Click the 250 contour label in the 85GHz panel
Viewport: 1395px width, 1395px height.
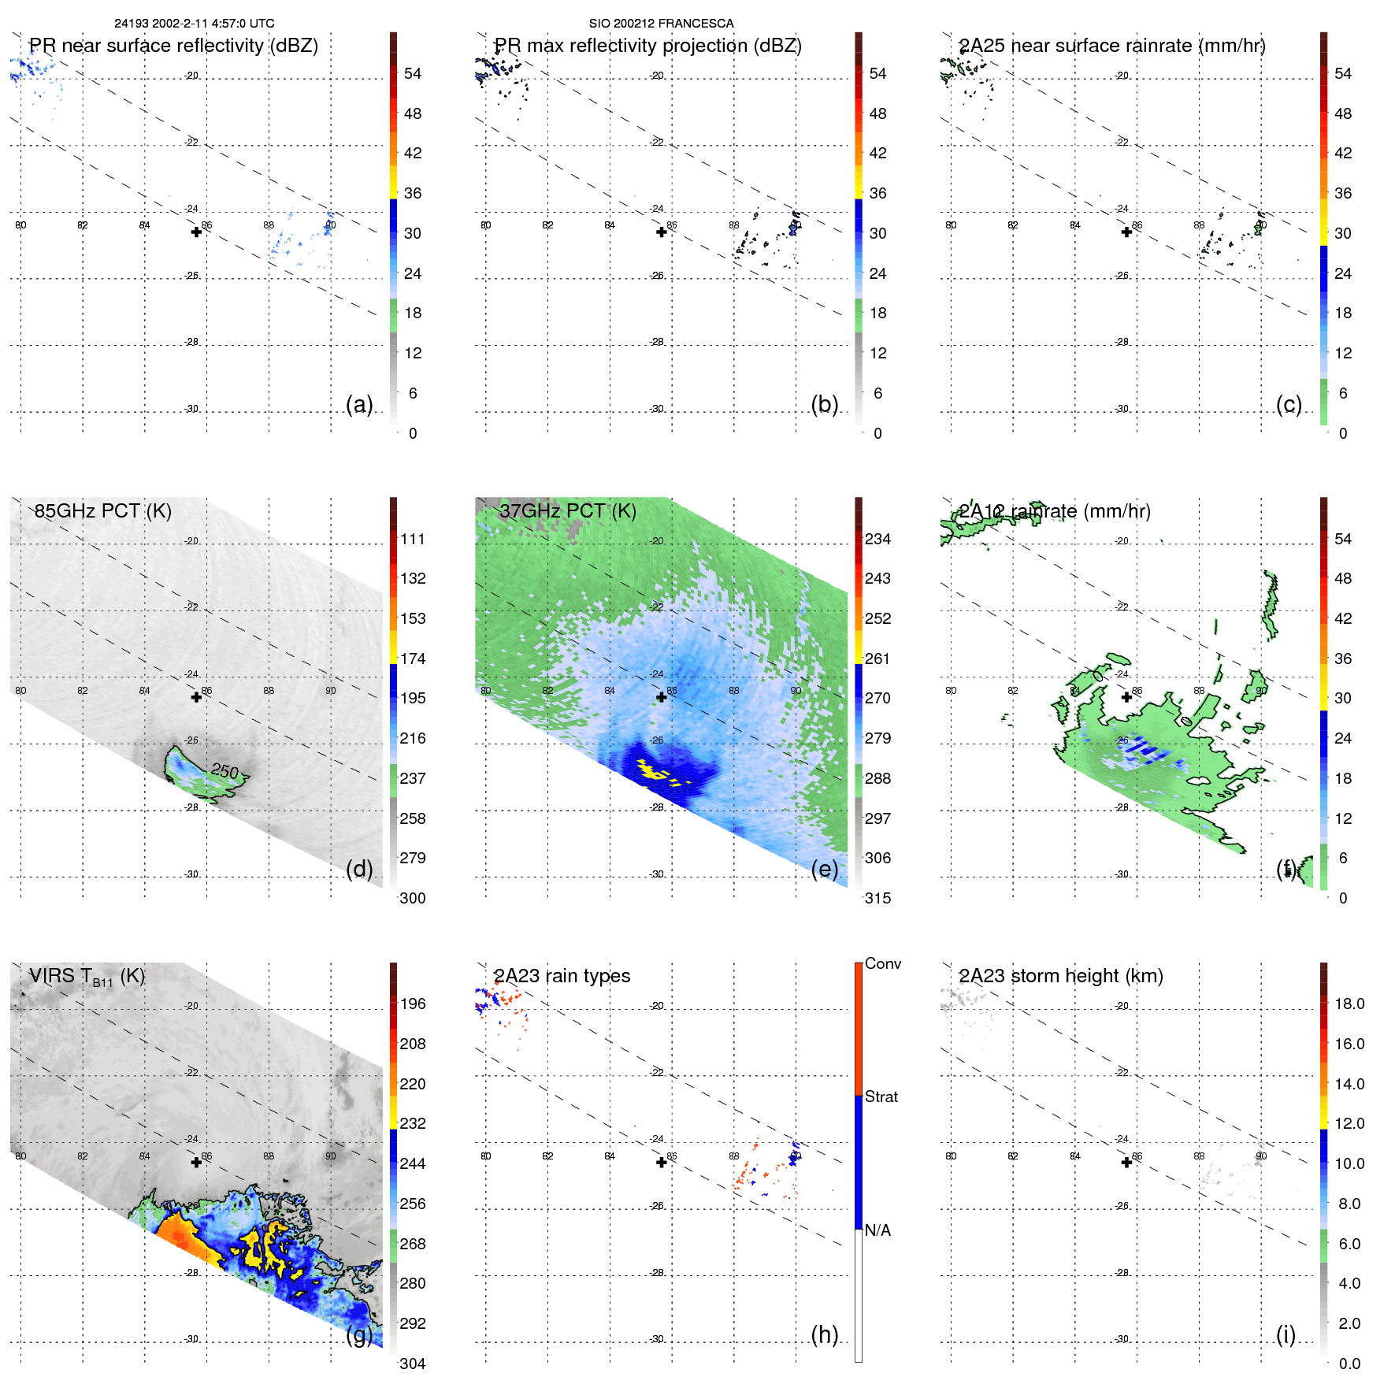coord(225,770)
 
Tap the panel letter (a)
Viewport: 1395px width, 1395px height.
coord(359,404)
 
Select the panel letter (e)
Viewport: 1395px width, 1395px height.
coord(824,869)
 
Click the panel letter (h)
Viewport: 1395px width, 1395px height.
coord(824,1334)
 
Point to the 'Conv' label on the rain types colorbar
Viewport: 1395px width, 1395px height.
coord(882,963)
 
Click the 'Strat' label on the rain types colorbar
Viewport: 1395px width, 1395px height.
coord(881,1096)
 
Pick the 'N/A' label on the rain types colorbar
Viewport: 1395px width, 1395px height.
coord(877,1230)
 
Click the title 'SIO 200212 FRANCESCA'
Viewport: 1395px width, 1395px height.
coord(661,24)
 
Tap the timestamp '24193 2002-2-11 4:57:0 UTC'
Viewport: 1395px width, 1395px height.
coord(195,24)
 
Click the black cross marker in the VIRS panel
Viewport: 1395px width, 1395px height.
coord(196,1162)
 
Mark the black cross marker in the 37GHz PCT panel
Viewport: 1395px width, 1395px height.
coord(662,697)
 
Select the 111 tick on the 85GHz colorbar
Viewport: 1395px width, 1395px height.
coord(413,539)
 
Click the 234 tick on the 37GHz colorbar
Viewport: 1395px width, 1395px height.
coord(877,539)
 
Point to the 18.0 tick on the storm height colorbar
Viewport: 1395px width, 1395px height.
coord(1349,1004)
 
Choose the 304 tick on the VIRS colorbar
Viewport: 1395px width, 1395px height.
coord(413,1363)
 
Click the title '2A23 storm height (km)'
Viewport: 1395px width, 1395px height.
coord(1060,976)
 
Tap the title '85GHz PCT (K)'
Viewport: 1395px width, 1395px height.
coord(102,511)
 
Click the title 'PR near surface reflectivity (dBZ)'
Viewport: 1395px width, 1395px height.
coord(173,46)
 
